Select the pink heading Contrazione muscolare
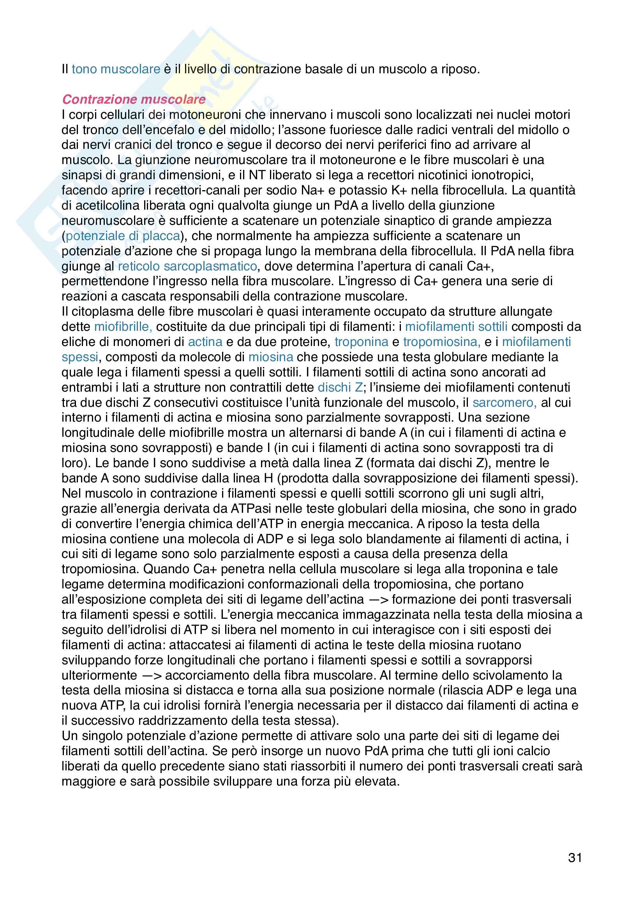coord(134,99)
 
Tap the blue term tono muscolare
coord(116,69)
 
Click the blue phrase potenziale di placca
coord(123,236)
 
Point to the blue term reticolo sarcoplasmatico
coord(187,266)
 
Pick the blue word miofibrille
coord(123,327)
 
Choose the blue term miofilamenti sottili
coord(456,327)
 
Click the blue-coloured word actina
coord(205,342)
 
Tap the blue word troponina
coord(362,342)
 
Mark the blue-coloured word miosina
coord(271,357)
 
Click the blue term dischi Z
coord(340,387)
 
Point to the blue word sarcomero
coord(504,403)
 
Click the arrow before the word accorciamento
coord(151,675)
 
